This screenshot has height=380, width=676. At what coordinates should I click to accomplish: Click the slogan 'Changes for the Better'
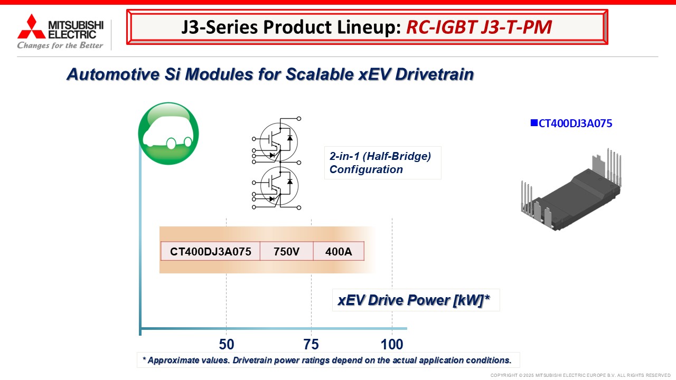[x=60, y=45]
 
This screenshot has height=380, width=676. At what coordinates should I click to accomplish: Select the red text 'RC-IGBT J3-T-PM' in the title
[x=479, y=27]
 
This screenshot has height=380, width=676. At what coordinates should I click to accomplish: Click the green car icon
[x=168, y=134]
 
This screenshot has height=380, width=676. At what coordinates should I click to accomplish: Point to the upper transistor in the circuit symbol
[x=278, y=142]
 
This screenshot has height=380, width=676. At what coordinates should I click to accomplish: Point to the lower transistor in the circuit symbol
[x=279, y=186]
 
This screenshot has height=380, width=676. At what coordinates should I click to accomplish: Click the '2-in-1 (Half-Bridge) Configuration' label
[x=381, y=163]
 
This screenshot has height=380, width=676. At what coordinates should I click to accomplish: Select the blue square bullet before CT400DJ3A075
[x=534, y=123]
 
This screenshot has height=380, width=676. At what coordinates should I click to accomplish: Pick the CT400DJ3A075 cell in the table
[x=210, y=251]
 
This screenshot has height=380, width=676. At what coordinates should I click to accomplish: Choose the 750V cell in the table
[x=286, y=251]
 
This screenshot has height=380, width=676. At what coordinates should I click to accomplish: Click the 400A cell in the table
[x=339, y=251]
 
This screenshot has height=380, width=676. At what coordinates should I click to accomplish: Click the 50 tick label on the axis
[x=227, y=345]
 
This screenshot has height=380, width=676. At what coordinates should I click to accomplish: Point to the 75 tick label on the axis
[x=311, y=345]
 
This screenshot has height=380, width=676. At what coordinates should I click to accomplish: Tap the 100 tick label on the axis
[x=392, y=345]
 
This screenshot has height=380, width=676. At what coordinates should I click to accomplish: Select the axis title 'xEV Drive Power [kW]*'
[x=414, y=300]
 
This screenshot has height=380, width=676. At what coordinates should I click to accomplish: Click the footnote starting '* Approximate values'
[x=327, y=360]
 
